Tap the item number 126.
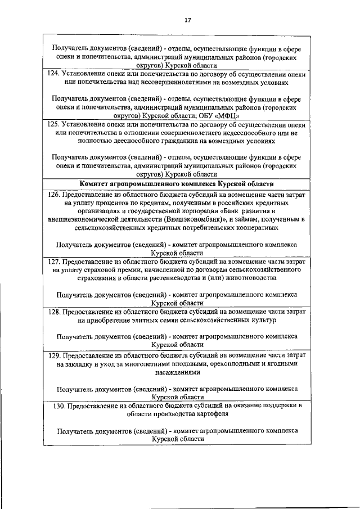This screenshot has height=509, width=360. [x=54, y=194]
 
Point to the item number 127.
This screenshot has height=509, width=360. [x=54, y=262]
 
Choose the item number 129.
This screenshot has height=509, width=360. [x=54, y=355]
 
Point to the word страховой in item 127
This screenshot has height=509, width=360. [x=92, y=270]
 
